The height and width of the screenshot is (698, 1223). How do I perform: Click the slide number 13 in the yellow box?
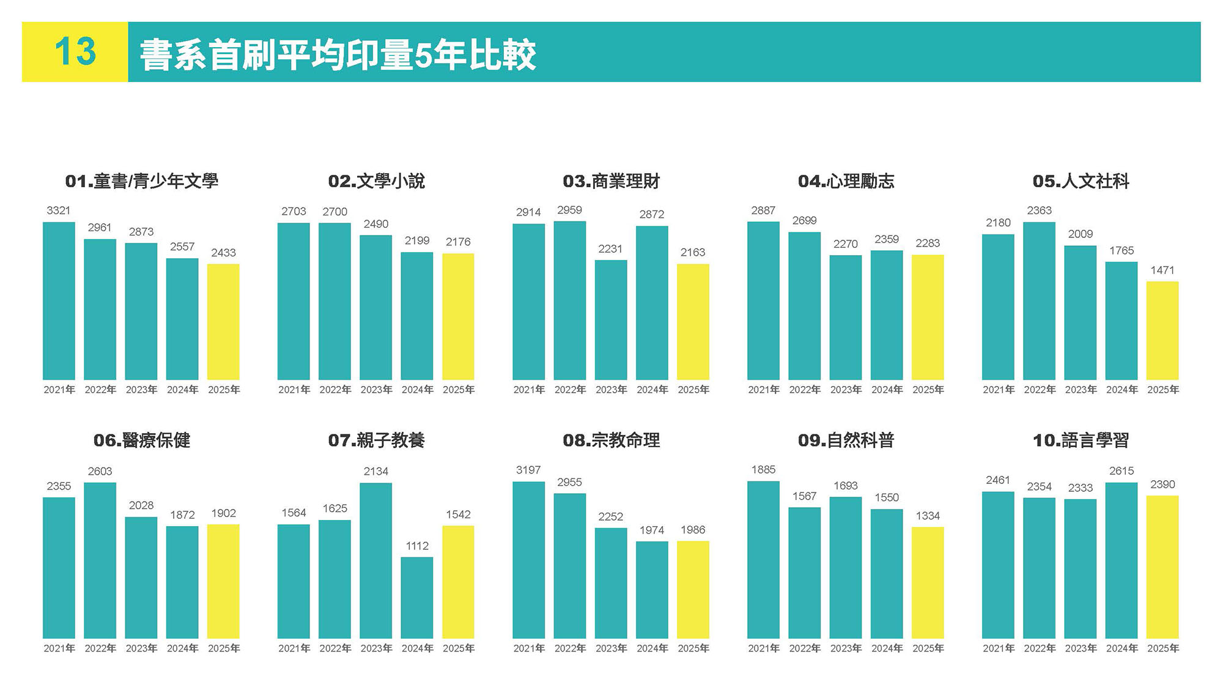pos(75,52)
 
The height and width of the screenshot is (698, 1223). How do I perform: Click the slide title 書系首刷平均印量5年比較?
pos(338,55)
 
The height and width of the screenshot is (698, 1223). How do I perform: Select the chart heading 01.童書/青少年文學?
pos(141,181)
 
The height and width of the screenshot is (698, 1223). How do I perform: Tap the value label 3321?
pos(59,210)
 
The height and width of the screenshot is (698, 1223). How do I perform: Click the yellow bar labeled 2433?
pos(223,322)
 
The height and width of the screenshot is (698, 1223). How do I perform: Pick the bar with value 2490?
pos(375,307)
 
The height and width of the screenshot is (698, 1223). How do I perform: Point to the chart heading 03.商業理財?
pos(611,181)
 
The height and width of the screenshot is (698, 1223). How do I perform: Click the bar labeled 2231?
pos(610,320)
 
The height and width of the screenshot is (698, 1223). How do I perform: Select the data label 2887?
pos(763,210)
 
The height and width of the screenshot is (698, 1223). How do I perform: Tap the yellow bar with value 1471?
pos(1162,330)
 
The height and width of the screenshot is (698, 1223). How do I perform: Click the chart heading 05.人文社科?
pos(1081,181)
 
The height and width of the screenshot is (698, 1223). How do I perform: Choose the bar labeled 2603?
pos(100,560)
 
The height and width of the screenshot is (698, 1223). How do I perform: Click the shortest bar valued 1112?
pos(416,598)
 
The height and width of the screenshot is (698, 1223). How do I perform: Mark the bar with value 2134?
pos(375,560)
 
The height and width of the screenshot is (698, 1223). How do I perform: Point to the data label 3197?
pos(528,470)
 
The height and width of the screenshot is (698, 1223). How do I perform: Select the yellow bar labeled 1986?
pos(693,590)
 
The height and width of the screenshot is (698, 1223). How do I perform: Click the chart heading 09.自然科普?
pos(846,440)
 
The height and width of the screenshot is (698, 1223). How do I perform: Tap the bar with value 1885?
pos(763,560)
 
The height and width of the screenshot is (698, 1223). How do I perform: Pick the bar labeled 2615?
pos(1121,560)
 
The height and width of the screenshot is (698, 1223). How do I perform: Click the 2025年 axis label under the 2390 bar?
pos(1162,648)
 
